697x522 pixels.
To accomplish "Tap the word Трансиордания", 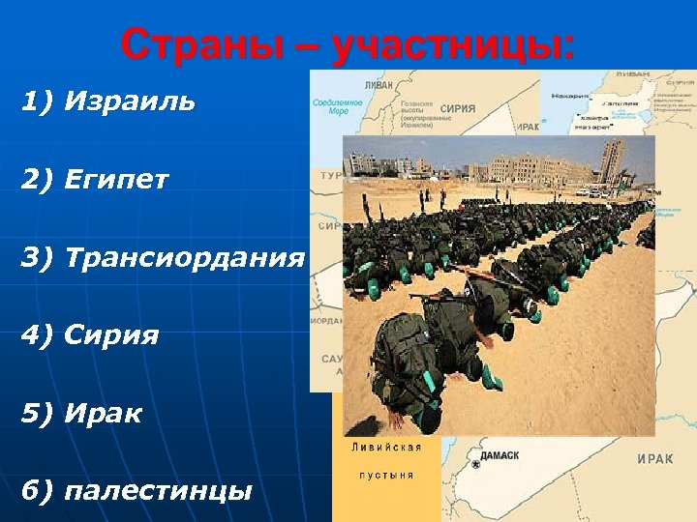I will [x=184, y=258].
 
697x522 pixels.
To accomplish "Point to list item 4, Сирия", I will [x=110, y=336].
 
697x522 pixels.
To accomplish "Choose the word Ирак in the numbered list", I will [x=103, y=415].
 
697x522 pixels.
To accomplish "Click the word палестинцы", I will [x=157, y=491].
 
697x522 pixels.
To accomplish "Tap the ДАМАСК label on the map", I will [x=498, y=455].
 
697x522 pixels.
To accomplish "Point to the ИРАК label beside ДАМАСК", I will [x=655, y=459].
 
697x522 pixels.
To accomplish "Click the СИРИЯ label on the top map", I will [x=457, y=109].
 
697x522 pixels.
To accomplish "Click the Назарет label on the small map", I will [x=569, y=96].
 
